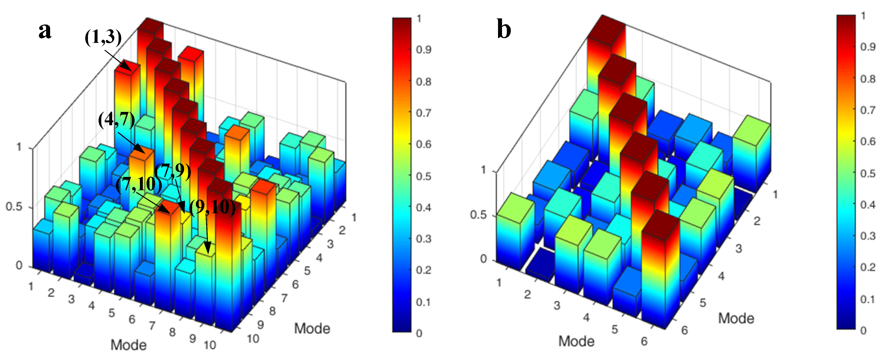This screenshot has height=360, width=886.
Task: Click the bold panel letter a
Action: [45, 31]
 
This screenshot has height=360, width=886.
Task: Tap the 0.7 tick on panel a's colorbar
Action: [423, 113]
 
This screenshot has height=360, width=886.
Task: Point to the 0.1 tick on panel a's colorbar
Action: [423, 302]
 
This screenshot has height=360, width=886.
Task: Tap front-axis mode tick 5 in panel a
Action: [112, 313]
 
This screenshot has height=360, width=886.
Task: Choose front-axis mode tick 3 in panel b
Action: [557, 305]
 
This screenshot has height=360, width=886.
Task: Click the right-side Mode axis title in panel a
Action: [312, 328]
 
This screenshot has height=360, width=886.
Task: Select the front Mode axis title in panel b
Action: [576, 341]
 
